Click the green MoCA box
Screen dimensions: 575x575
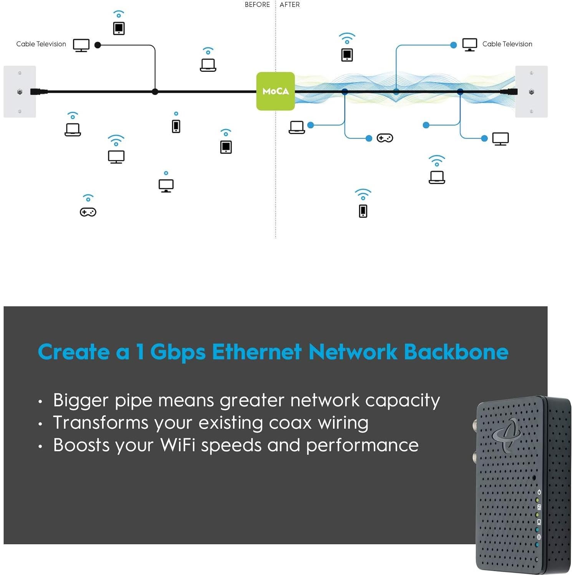pos(275,91)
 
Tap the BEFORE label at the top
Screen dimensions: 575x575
pos(257,5)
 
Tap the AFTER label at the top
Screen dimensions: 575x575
pos(290,5)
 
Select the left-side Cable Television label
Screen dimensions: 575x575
pos(41,44)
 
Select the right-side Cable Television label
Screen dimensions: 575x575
pos(507,44)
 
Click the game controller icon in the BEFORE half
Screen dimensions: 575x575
pos(88,212)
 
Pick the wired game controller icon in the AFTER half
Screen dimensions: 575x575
pos(385,138)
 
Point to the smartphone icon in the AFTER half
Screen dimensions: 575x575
pos(363,211)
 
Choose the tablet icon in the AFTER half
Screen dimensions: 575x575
pos(347,55)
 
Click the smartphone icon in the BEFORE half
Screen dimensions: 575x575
pos(176,126)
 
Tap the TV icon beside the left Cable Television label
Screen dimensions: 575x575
pos(81,45)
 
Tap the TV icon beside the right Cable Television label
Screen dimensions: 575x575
pos(469,45)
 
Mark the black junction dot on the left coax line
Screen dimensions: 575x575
pos(155,92)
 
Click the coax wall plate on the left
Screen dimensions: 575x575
pos(20,91)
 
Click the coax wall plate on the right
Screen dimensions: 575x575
pos(531,91)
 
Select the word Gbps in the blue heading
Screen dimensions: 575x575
pos(178,352)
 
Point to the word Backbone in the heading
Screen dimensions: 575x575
pos(456,351)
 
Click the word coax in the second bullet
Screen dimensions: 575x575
pos(290,423)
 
